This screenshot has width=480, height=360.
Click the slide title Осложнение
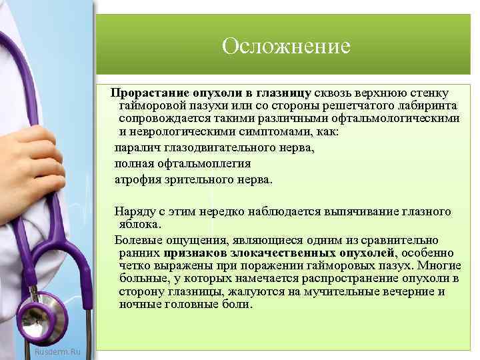pos(286,47)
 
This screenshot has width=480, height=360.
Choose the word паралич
pos(136,147)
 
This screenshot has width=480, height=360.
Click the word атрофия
pos(138,180)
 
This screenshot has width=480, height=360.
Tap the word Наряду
pos(133,212)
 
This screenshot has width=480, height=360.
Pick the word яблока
pos(139,225)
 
